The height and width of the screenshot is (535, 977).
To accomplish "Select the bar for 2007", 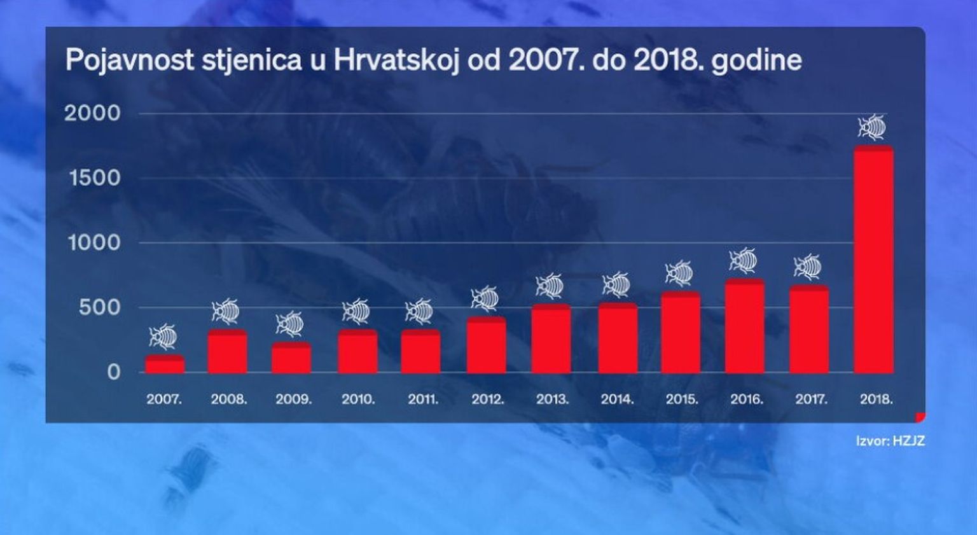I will point(165,365).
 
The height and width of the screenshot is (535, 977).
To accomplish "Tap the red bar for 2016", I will point(744,326).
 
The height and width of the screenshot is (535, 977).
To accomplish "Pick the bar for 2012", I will point(487,345).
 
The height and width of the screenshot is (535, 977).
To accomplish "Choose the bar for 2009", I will point(291,358).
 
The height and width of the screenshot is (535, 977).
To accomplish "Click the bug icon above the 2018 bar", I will point(872,127).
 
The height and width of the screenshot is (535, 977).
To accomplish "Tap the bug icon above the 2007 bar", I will point(163,337).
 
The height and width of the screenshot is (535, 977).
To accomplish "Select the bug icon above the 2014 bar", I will point(616,285).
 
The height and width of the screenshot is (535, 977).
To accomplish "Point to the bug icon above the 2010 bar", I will point(356,311).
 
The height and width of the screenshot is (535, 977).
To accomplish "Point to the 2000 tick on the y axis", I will point(92,113).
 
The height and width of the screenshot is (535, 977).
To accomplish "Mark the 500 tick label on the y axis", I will point(99,307).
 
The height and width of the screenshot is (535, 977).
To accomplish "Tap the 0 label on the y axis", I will point(113,372).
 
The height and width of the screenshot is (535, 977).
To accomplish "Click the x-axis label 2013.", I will point(552,400).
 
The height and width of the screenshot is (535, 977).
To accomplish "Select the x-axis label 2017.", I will point(811,400).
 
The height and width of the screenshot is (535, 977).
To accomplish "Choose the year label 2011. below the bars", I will point(423,400).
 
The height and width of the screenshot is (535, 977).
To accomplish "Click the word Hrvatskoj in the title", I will point(397,61).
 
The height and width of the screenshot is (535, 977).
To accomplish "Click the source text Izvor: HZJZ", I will point(890,440).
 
